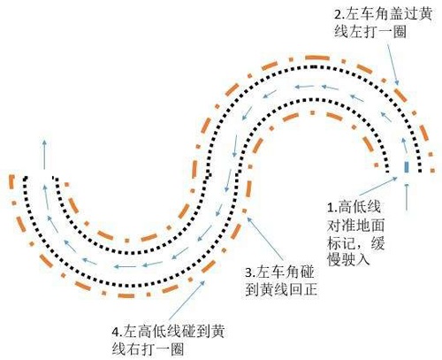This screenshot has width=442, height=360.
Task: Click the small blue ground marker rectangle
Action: pos(407,166)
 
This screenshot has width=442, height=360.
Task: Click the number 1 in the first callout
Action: pos(331,208)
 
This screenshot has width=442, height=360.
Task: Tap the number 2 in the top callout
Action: pos(338,14)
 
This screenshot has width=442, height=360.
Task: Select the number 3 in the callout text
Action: pos(248,272)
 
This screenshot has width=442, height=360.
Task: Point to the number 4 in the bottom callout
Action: pos(116,332)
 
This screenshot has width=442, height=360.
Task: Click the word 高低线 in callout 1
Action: pos(360,207)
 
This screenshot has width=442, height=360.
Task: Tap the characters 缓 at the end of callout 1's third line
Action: pos(377,244)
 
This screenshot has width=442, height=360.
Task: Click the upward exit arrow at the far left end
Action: pos(44,155)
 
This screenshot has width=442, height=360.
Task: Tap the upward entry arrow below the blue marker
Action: pos(407,197)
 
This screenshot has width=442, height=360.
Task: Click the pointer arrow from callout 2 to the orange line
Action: pos(393,65)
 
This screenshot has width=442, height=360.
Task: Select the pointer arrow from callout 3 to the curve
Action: pos(265,241)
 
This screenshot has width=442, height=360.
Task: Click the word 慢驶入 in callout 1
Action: pos(348,260)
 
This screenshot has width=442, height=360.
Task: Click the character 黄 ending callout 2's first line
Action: pos(424,14)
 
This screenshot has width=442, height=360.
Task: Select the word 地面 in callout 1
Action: pos(370,226)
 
